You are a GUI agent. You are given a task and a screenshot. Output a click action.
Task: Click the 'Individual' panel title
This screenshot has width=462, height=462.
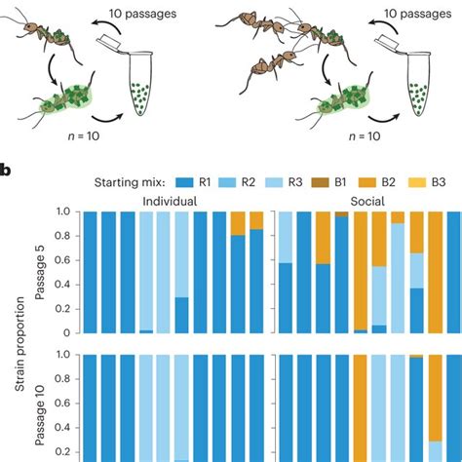pos(170,201)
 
